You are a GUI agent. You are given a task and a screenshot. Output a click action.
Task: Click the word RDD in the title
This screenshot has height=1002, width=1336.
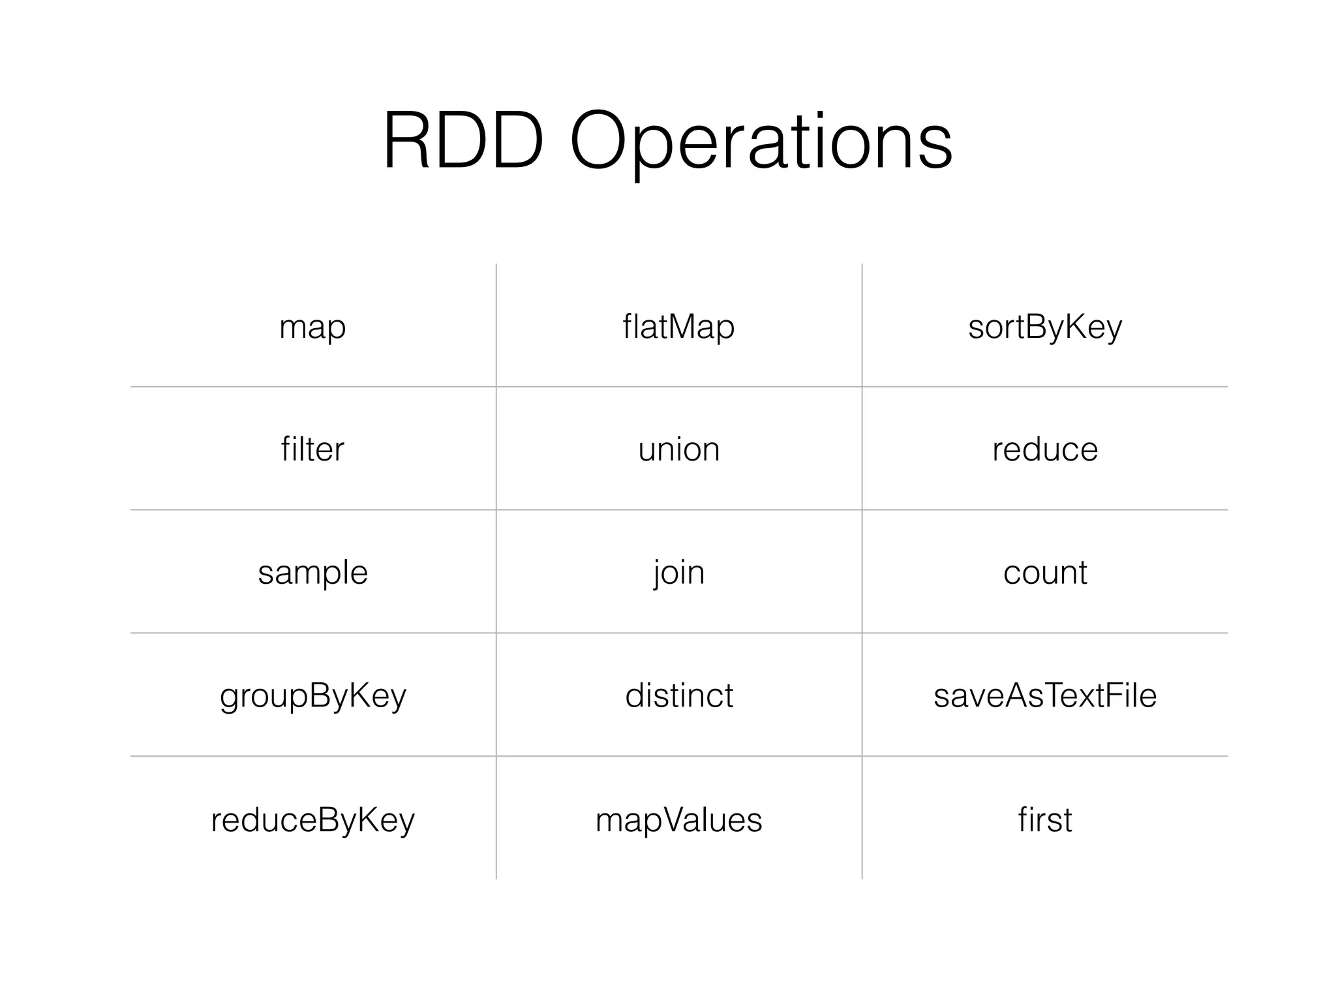tap(463, 142)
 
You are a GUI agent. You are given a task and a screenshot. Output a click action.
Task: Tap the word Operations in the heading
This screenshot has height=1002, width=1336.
tap(761, 142)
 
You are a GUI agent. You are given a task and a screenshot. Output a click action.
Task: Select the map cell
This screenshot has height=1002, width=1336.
tap(312, 326)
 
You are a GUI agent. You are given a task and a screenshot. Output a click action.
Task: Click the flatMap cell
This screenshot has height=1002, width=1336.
tap(678, 326)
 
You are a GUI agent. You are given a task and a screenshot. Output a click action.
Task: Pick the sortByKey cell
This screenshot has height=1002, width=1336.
tap(1044, 326)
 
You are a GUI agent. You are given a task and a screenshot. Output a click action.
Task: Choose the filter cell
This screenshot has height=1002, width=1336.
tap(312, 449)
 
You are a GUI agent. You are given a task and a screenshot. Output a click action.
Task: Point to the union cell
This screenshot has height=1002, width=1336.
tap(678, 449)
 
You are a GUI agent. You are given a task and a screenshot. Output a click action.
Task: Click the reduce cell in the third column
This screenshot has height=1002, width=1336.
tap(1044, 449)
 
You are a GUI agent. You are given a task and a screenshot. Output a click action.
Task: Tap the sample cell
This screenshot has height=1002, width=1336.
tap(312, 573)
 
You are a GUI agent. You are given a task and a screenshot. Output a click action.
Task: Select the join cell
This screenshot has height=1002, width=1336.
tap(678, 573)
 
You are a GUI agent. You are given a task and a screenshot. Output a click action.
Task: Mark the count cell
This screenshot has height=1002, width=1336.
tap(1044, 573)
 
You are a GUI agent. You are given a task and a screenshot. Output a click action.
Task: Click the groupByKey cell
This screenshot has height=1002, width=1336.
tap(312, 695)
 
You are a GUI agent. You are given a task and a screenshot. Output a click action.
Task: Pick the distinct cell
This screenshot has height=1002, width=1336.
tap(678, 695)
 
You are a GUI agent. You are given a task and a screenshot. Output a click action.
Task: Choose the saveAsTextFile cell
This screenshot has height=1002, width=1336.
tap(1044, 695)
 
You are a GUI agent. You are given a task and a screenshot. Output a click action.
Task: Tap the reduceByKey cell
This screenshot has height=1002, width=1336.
tap(312, 819)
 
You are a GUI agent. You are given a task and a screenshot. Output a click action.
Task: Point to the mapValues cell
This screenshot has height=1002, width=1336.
tap(678, 819)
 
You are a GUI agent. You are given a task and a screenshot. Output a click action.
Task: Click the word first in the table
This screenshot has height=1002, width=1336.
tap(1044, 819)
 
